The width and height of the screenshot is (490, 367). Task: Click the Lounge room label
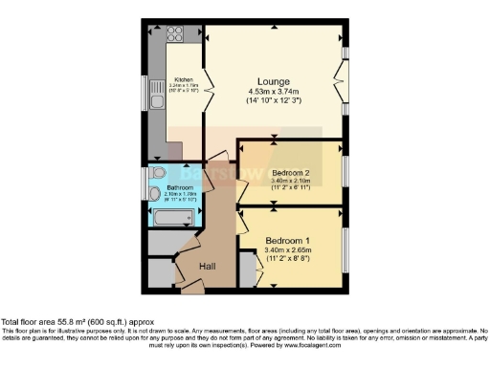(274, 81)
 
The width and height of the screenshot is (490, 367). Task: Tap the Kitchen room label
(184, 79)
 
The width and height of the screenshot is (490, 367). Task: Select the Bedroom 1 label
(288, 239)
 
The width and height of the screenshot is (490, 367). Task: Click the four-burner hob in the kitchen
(176, 35)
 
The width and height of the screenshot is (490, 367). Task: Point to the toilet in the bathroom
(157, 173)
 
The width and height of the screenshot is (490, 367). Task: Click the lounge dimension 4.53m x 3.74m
(274, 92)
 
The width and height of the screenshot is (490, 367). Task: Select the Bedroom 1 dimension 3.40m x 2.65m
(288, 250)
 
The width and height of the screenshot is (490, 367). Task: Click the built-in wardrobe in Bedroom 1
(247, 272)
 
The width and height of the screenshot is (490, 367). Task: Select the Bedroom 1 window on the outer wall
(345, 248)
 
